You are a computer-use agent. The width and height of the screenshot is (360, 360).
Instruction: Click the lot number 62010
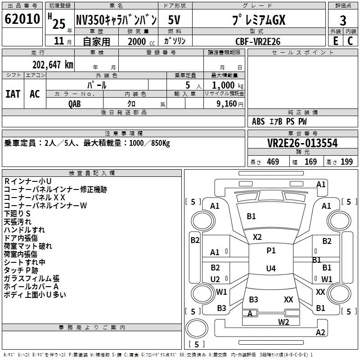(x=22, y=19)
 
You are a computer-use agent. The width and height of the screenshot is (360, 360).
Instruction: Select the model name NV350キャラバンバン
(x=116, y=20)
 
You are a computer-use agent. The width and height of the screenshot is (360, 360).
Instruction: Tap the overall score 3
(x=343, y=20)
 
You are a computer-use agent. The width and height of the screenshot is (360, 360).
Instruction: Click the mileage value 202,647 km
(x=53, y=65)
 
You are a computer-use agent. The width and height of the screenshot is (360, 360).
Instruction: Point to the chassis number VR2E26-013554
(x=302, y=143)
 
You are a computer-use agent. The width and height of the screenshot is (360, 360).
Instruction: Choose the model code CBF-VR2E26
(x=258, y=41)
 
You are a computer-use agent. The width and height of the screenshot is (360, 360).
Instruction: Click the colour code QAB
(x=75, y=103)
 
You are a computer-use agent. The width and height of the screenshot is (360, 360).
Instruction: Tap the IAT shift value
(x=13, y=94)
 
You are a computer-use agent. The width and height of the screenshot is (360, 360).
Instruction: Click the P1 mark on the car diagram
(x=271, y=251)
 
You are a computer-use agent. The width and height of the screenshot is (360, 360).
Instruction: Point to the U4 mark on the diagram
(x=271, y=269)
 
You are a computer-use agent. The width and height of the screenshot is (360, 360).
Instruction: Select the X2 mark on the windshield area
(x=257, y=237)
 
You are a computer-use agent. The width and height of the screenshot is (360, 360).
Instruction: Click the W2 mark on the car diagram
(x=283, y=322)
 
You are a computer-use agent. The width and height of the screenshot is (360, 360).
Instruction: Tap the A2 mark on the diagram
(x=320, y=333)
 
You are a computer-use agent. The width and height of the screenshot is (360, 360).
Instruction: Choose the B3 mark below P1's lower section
(x=253, y=300)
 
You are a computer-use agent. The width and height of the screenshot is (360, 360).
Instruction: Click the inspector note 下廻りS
(x=17, y=213)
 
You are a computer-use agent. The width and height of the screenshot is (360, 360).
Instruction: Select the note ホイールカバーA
(x=31, y=287)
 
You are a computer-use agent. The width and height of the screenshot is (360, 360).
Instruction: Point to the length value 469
(x=273, y=162)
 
